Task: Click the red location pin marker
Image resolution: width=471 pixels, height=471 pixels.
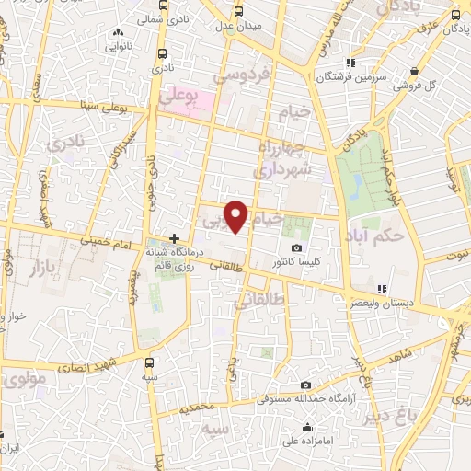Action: (x=237, y=216)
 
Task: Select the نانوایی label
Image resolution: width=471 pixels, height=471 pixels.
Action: (x=117, y=43)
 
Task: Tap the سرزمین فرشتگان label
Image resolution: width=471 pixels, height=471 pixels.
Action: (x=349, y=77)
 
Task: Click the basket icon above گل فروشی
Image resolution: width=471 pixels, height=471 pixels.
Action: (x=416, y=71)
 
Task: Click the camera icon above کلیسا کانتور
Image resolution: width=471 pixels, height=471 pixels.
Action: (x=296, y=247)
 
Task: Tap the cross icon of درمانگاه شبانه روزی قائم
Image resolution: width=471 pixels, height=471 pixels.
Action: (x=175, y=238)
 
